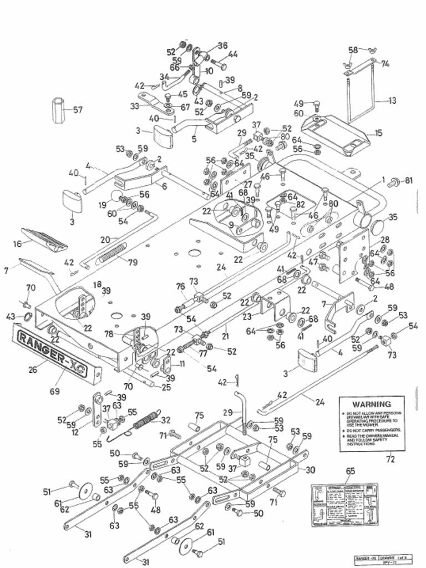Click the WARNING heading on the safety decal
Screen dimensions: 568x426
coord(371,404)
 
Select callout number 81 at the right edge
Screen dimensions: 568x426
coord(409,180)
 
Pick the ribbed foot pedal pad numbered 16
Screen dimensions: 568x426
coord(44,238)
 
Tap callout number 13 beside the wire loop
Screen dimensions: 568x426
coord(392,100)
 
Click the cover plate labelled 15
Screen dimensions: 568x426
coord(338,134)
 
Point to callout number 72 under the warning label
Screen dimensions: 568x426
coord(390,459)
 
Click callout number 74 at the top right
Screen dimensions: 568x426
coord(384,64)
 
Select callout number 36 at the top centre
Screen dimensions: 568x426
coord(222,45)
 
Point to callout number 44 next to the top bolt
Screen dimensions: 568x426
coord(233,54)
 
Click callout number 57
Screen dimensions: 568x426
coord(77,110)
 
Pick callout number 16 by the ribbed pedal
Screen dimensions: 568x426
coord(17,244)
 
